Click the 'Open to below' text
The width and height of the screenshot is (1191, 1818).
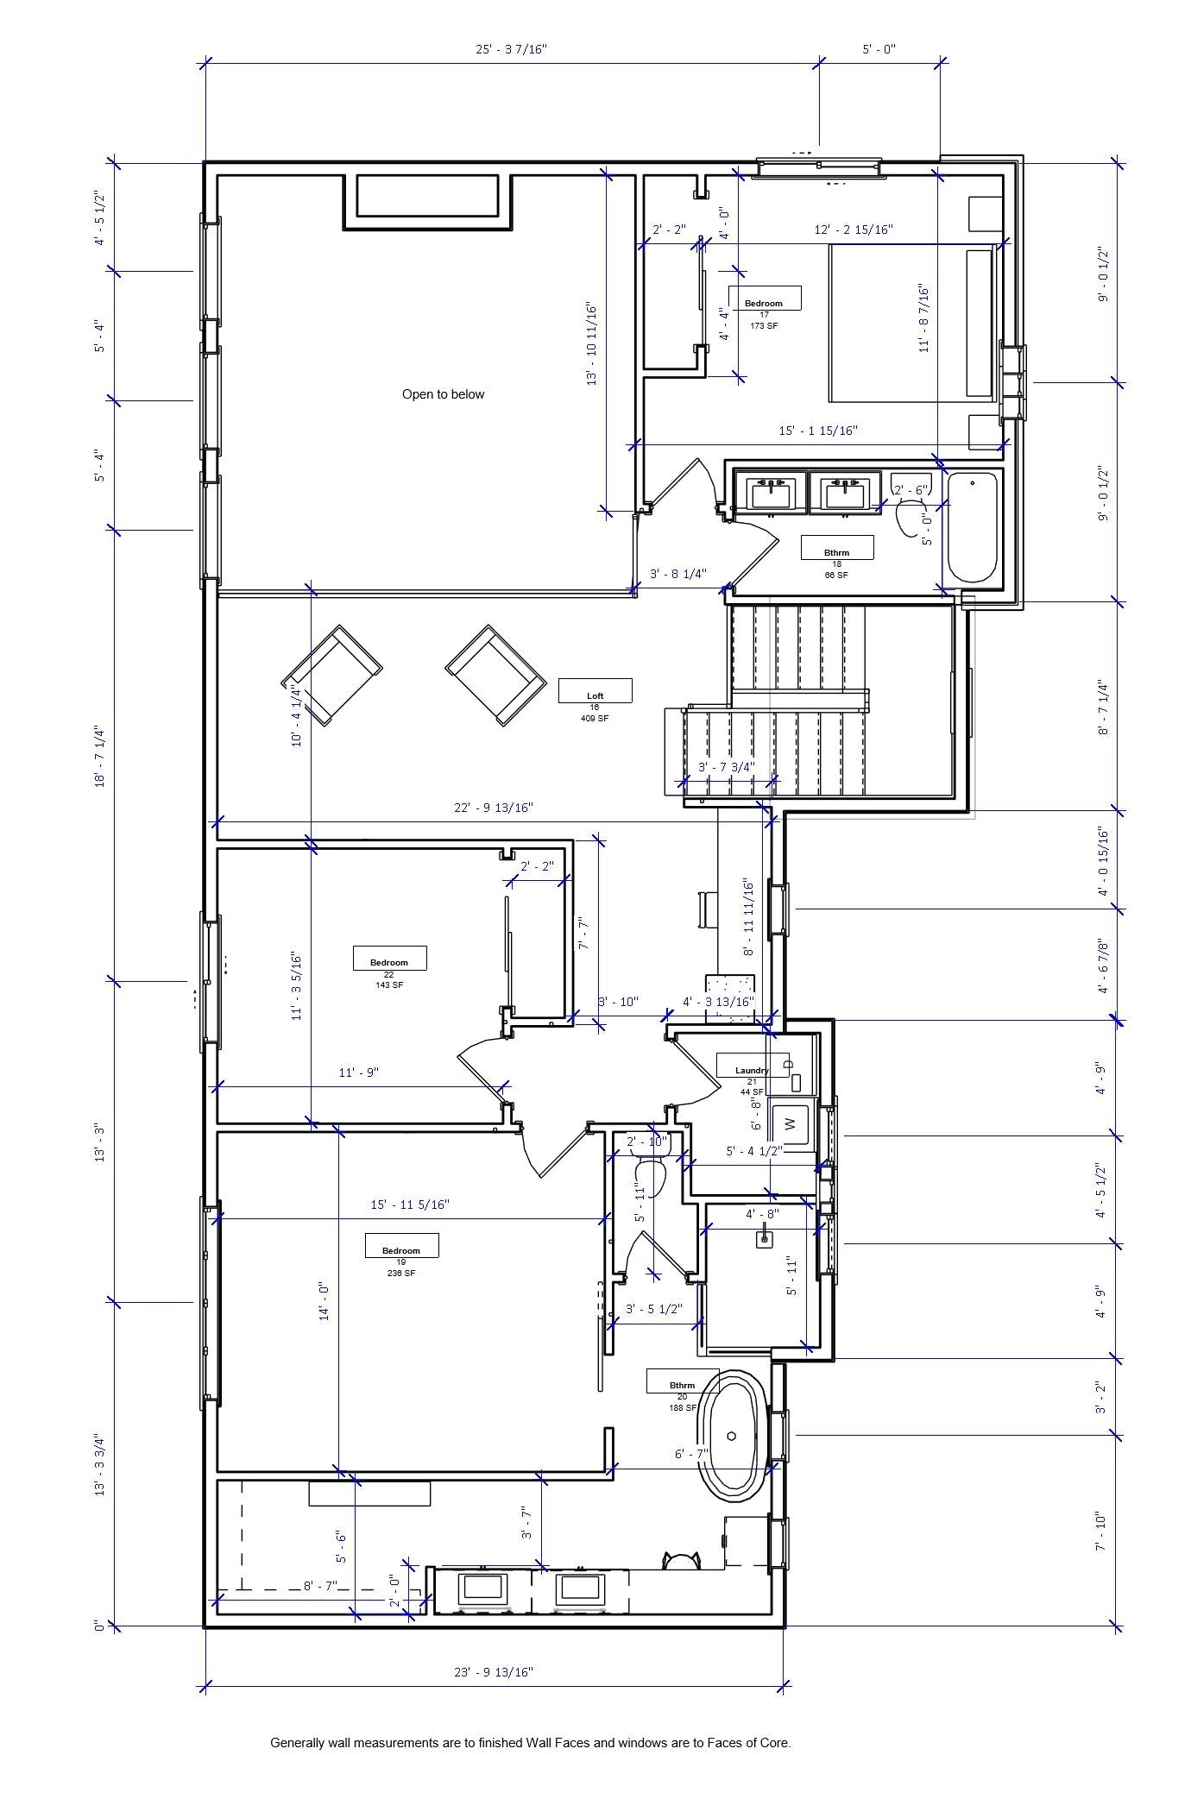tap(443, 394)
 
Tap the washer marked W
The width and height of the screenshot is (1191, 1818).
tap(790, 1124)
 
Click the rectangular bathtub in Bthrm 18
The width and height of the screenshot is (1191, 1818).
tap(973, 527)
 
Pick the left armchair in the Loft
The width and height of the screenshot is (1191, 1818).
tap(332, 675)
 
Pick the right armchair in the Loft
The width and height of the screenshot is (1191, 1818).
tap(495, 675)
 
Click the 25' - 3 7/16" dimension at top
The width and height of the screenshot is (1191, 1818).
tap(511, 49)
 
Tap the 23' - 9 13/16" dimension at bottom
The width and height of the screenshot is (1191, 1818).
tap(494, 1672)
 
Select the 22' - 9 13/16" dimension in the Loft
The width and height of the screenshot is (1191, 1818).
tap(494, 808)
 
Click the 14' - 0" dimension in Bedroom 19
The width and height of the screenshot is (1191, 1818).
tap(325, 1301)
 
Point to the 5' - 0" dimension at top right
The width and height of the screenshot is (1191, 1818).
tap(879, 49)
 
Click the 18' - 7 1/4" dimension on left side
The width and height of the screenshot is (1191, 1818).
tap(101, 756)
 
